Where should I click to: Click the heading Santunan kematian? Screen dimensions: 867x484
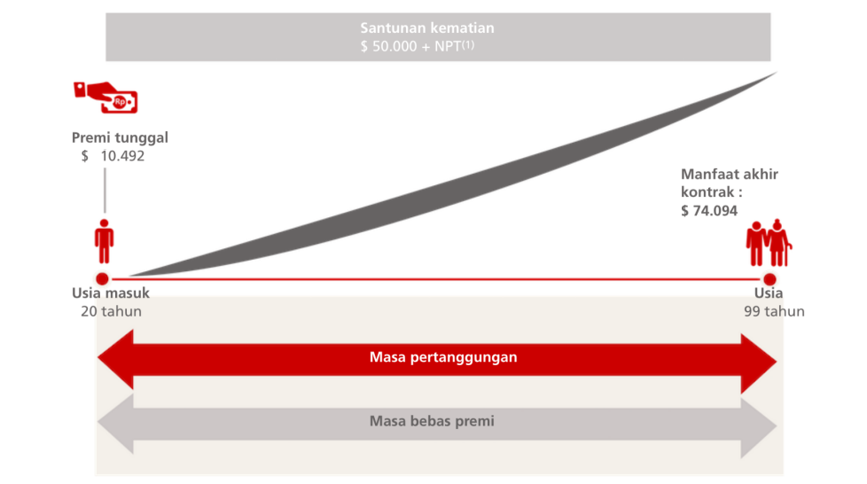427,27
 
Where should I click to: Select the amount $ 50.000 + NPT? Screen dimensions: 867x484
417,46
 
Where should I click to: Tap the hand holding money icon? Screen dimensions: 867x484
105,98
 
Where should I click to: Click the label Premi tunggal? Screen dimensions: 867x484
120,137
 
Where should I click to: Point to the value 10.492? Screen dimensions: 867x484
122,156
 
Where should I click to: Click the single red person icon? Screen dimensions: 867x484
104,241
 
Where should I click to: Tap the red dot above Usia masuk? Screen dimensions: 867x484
102,278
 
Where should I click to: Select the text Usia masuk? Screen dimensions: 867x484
111,293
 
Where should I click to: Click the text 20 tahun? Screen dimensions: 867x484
111,311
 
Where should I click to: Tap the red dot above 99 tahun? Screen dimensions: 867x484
769,278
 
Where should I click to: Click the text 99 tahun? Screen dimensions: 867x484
774,311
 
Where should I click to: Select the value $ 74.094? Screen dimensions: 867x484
709,211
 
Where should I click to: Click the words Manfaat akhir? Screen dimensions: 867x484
730,175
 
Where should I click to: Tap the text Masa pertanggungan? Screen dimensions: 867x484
443,357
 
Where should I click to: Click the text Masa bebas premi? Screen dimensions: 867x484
432,421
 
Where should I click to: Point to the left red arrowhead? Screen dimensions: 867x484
115,359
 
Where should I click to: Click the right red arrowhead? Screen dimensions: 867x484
759,363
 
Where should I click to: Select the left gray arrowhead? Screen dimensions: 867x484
115,423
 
